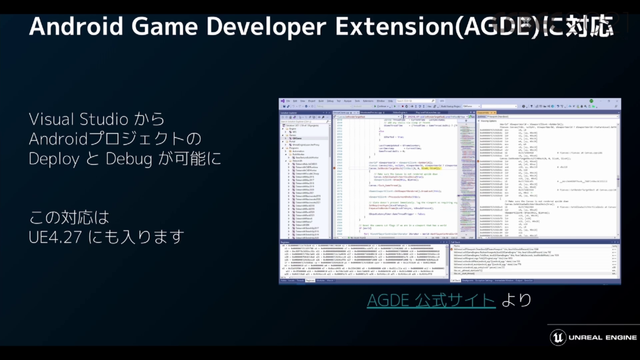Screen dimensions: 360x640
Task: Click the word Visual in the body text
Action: tap(54, 119)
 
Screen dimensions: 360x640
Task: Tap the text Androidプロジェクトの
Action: tap(114, 138)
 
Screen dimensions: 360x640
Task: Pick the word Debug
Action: tap(128, 158)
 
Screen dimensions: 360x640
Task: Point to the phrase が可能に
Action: tap(189, 158)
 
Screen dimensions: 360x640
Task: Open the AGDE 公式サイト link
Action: tap(430, 300)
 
